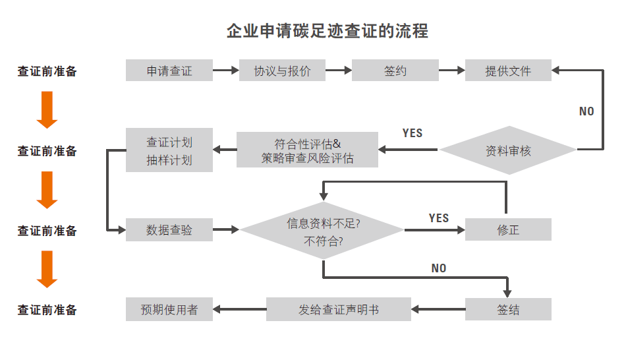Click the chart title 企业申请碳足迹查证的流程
(327, 31)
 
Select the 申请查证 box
(169, 71)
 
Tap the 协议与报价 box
(282, 71)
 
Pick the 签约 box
(395, 71)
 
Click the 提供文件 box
(508, 71)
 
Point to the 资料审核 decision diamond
(508, 150)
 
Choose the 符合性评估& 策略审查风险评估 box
(307, 150)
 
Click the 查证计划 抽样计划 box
(169, 150)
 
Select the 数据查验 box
(169, 229)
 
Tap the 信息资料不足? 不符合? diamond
(322, 230)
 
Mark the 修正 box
(508, 229)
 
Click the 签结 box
(508, 309)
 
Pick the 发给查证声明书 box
(338, 309)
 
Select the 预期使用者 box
(169, 309)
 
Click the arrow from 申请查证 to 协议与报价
(225, 71)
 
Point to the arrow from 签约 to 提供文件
(451, 71)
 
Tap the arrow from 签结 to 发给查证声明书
(438, 309)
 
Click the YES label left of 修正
(438, 218)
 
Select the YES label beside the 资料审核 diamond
(412, 133)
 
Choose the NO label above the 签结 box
(438, 268)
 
